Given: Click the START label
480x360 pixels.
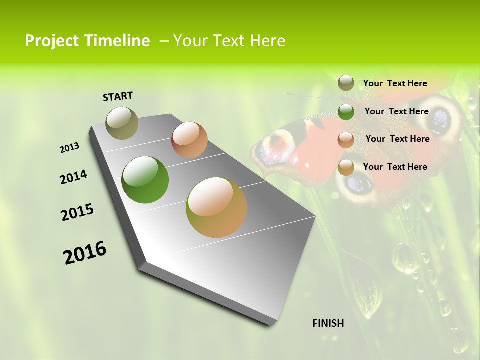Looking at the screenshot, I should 118,96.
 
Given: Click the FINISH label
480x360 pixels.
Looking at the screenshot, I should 328,323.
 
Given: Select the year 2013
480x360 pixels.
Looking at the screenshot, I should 70,148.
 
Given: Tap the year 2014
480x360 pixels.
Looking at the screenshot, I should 73,177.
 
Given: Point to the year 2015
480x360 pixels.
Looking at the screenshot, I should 77,212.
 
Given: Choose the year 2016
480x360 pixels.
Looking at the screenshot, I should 85,253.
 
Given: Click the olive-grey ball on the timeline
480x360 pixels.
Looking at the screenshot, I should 122,123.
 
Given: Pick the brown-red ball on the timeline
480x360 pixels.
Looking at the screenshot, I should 189,140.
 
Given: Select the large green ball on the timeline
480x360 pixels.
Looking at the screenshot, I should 145,180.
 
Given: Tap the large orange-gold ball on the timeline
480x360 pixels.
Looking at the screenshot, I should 216,207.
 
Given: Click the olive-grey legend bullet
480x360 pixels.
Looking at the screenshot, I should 346,83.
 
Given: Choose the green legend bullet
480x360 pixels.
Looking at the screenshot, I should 346,112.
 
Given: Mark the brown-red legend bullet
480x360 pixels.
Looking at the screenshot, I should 346,139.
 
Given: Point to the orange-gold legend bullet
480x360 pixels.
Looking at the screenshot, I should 346,167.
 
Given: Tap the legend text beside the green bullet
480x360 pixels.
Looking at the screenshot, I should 396,111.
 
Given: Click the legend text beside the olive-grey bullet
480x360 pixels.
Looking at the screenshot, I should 395,84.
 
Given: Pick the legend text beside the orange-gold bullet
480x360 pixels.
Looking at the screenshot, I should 395,167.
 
